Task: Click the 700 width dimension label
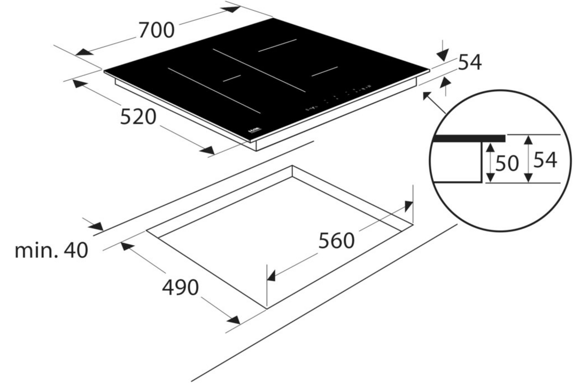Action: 157,30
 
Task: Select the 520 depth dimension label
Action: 138,117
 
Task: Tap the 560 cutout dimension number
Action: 337,241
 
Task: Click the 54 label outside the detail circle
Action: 470,63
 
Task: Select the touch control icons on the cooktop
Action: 337,98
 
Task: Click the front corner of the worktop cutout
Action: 266,307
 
